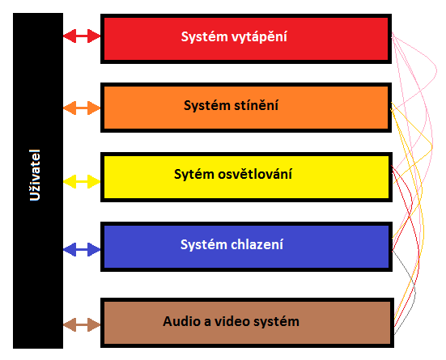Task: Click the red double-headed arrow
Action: [x=82, y=36]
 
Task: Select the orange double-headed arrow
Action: [x=82, y=108]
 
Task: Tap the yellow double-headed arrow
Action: [x=82, y=181]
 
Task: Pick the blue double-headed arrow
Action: [x=82, y=249]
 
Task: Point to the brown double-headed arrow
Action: [x=82, y=324]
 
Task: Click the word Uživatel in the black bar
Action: [x=35, y=175]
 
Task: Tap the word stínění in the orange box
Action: [x=256, y=105]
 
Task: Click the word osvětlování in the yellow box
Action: [x=255, y=174]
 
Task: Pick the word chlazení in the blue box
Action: [x=257, y=244]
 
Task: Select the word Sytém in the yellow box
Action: [x=194, y=175]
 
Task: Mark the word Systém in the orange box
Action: [x=207, y=106]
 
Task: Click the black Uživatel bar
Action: [x=38, y=180]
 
